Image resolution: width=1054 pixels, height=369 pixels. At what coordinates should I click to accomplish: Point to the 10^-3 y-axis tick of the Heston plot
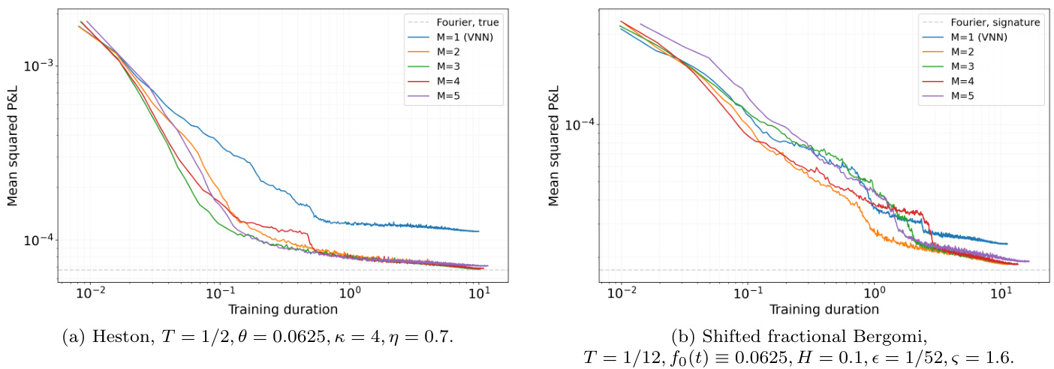coord(40,65)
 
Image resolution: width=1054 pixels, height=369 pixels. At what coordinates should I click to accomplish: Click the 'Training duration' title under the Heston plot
coord(283,308)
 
